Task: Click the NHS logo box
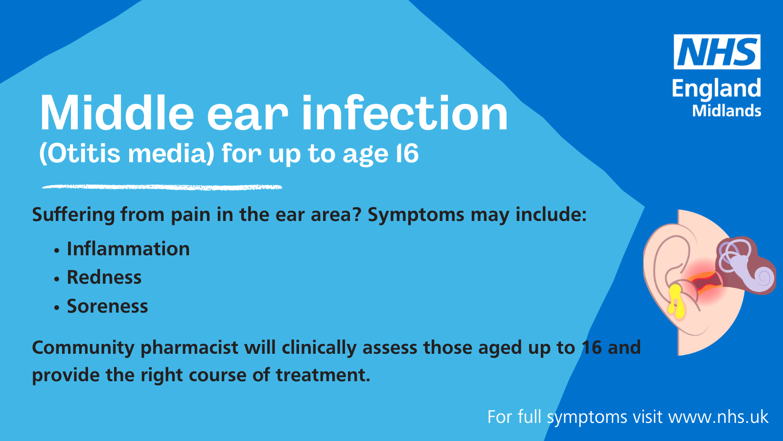717,52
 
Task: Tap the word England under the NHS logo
716,89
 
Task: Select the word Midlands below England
727,111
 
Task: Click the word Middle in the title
117,113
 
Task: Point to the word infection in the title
405,113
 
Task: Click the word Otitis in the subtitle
84,153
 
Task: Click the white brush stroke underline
162,187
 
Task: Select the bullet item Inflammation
128,249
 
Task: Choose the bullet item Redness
104,277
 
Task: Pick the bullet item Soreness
107,306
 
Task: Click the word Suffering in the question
73,215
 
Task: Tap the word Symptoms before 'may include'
416,215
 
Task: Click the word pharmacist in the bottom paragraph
189,348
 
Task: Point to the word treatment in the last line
323,375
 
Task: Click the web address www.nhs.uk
718,417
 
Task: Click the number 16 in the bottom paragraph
592,347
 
